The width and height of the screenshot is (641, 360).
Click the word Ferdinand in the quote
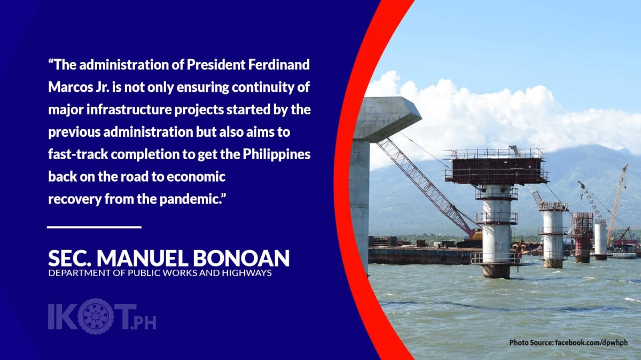tap(279, 65)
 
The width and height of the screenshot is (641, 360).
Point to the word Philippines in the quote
tap(277, 155)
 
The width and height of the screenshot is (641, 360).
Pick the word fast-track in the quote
tap(78, 154)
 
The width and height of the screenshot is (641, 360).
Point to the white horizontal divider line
tap(94, 227)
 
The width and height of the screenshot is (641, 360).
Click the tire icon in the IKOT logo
tap(96, 316)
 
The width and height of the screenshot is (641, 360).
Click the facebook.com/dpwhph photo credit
tap(591, 342)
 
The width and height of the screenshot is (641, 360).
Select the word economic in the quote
tap(196, 177)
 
